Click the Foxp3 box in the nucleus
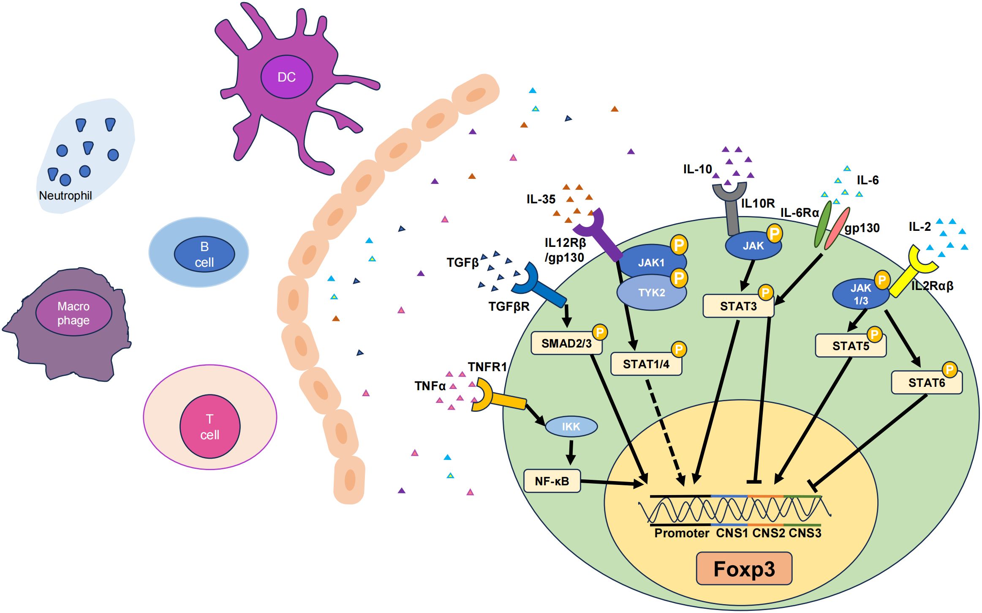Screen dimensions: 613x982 coord(744,569)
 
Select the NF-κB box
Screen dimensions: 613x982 coord(552,481)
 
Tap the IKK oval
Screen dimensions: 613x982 coord(571,427)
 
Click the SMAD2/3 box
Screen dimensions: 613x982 coord(566,343)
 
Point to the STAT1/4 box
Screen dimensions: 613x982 coord(646,364)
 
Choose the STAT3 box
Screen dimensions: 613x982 coord(738,306)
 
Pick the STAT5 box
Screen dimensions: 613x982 coord(850,346)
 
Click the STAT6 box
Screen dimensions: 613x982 coord(926,383)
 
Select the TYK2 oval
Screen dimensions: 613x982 coord(651,293)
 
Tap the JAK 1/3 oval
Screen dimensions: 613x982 coord(860,294)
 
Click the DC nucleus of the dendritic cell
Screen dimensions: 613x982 coord(286,77)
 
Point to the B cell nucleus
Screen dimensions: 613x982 coord(204,254)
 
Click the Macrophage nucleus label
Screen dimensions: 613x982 coord(73,313)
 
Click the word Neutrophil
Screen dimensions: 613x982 coord(65,196)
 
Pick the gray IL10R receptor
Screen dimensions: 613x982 coord(732,211)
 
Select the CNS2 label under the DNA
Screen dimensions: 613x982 coord(768,533)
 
